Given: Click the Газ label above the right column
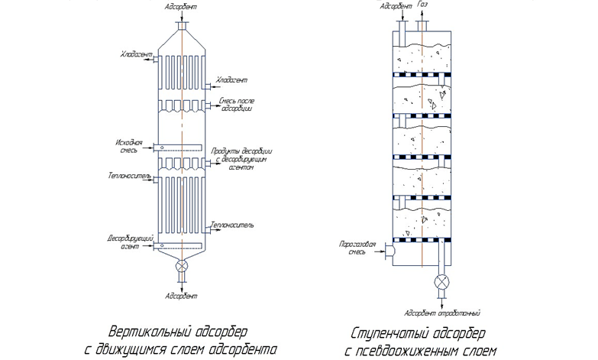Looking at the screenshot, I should tap(424, 5).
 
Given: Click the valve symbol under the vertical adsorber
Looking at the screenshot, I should tap(182, 267).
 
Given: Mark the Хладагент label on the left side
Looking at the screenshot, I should tap(136, 55).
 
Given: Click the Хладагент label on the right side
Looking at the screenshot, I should tap(231, 79).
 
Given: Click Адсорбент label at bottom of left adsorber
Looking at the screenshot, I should tap(181, 295).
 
